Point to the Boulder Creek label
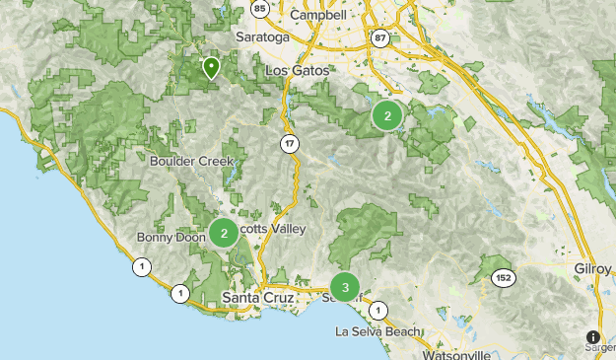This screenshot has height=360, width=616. point(192,161)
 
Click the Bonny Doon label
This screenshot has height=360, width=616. point(170,238)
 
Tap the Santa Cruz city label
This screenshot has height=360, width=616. point(254,297)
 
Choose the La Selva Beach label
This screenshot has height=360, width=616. point(376,330)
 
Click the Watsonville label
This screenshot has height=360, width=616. point(456,353)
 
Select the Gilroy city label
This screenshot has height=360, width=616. point(593,267)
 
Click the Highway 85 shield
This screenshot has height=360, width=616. point(259,9)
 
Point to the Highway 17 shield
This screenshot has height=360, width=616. point(289,144)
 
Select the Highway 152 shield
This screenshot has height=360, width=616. point(505,277)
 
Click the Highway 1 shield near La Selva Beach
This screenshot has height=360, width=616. point(376,310)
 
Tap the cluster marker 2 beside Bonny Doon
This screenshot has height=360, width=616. point(224,233)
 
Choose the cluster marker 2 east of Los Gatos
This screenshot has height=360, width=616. point(387,116)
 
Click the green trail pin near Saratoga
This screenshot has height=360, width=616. point(211,67)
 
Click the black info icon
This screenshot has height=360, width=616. point(593,337)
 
